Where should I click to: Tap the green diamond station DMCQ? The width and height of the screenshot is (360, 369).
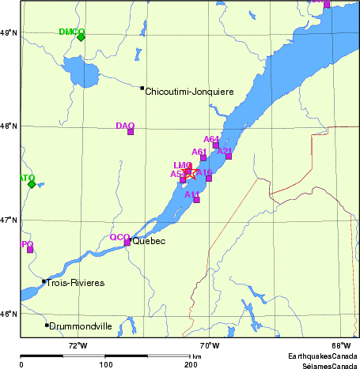(81, 36)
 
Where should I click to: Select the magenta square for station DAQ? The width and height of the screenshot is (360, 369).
(131, 131)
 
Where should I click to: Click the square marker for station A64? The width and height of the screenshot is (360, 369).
(216, 145)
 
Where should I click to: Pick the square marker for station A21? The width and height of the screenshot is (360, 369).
(229, 156)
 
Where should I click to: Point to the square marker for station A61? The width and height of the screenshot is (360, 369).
(203, 158)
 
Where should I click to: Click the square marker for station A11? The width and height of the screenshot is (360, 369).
(196, 200)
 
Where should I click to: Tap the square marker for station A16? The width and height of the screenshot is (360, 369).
(209, 178)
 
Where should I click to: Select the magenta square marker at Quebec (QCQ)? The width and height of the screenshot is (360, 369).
(127, 243)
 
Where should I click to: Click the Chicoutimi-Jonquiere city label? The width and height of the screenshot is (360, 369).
(190, 92)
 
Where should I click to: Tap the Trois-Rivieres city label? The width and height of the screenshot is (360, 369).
(76, 282)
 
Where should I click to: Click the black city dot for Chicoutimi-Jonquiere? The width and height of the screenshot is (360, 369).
(142, 88)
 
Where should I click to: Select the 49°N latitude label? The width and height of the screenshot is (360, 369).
(9, 32)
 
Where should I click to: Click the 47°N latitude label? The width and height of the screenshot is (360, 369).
(9, 220)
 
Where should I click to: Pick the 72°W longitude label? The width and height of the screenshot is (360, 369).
(77, 345)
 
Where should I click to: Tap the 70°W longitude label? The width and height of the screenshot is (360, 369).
(209, 345)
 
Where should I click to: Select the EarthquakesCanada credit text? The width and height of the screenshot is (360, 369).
(322, 357)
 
